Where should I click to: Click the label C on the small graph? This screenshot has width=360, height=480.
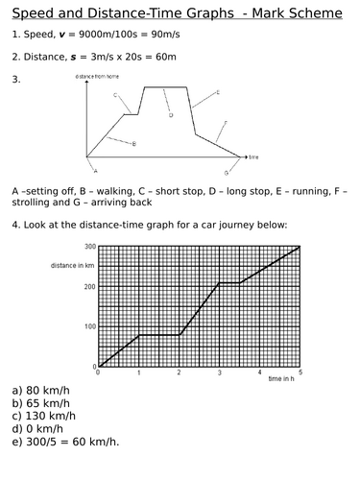tap(114, 95)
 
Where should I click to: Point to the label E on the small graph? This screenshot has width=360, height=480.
tap(218, 92)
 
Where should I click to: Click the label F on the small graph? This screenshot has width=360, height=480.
tap(225, 123)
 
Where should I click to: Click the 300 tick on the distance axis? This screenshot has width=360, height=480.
tap(88, 247)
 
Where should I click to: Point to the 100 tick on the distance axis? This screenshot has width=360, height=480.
tap(88, 326)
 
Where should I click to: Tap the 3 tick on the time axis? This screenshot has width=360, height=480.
tap(220, 372)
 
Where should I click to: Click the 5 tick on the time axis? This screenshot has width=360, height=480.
tap(300, 372)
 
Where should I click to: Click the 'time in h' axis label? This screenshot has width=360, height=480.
tap(282, 380)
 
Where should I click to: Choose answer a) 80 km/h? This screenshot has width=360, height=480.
tap(36, 391)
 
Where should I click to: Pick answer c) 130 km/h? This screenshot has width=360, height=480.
tap(39, 416)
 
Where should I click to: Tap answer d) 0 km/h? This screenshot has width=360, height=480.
tap(33, 428)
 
